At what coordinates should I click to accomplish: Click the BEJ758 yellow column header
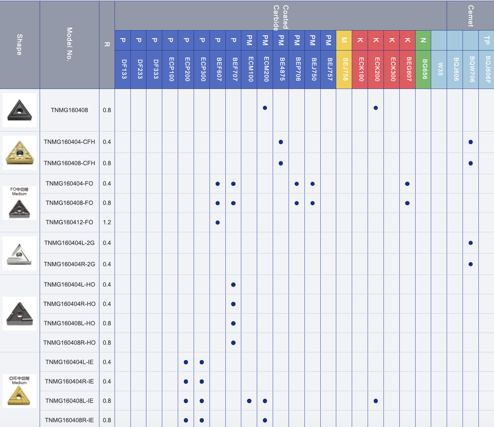pos(344,69)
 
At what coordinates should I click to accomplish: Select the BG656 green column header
pos(423,69)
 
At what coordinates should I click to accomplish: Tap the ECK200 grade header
pos(376,69)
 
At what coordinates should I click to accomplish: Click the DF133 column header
pos(123,69)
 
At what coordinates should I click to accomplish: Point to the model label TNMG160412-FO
pos(69,222)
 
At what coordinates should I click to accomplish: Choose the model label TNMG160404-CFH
pos(69,142)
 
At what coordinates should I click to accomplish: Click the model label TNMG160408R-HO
pos(69,342)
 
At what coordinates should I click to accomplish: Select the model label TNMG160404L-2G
pos(69,243)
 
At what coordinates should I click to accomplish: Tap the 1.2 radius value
pos(107,222)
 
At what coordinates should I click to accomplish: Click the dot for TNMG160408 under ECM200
pos(265,108)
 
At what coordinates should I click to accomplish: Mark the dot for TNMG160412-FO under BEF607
pos(217,222)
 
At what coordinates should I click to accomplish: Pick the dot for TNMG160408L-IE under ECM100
pos(249,401)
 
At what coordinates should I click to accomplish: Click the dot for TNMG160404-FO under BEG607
pos(407,184)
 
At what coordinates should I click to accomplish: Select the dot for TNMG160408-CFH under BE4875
pos(281,163)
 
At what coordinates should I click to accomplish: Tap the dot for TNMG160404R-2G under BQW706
pos(471,264)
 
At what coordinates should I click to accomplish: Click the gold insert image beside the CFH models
pos(20,152)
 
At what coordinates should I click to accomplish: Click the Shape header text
pos(20,44)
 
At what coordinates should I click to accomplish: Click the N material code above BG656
pos(423,40)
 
